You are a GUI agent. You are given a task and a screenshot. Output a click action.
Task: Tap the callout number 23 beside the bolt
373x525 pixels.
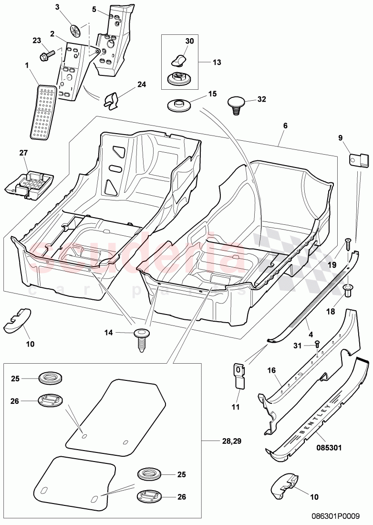pos(36,41)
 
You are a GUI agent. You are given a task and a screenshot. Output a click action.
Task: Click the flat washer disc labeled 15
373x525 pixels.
pos(179,104)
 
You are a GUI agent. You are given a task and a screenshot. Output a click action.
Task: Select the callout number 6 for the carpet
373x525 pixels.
pos(285,126)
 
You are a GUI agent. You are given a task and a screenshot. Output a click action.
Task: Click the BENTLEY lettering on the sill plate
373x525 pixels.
pos(315,420)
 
